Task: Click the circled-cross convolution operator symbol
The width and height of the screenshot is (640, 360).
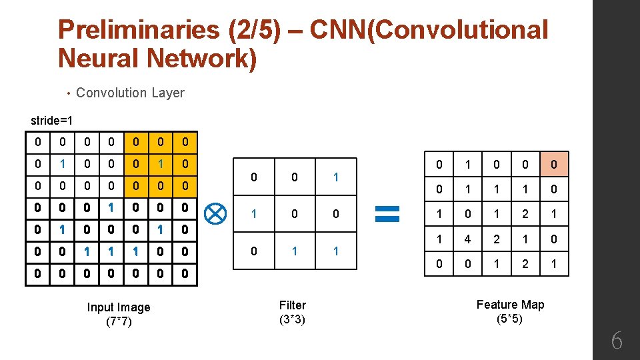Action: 216,214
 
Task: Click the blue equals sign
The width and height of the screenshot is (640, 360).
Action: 387,213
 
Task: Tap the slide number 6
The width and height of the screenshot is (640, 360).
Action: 617,341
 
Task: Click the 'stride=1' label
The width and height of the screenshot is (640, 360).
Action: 52,121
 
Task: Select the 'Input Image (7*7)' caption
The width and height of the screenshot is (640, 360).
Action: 119,314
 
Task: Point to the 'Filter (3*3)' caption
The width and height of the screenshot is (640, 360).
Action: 293,312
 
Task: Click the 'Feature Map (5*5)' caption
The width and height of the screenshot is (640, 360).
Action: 510,311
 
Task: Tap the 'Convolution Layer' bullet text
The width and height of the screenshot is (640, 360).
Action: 130,93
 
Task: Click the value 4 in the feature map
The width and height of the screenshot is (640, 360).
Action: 468,239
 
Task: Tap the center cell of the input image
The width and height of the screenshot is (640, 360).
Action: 111,207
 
